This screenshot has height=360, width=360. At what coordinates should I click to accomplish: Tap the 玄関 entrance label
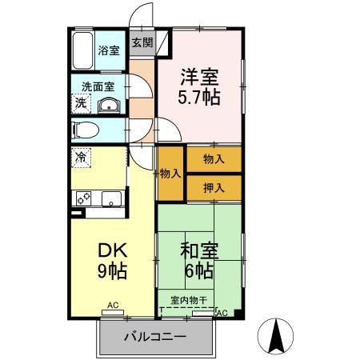[x=142, y=43]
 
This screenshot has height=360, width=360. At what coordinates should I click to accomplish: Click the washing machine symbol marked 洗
[x=82, y=102]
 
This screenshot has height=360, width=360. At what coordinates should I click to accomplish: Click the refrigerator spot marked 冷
[x=82, y=158]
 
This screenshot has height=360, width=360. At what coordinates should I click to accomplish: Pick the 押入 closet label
[x=213, y=187]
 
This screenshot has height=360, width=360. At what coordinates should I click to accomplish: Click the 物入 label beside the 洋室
[x=213, y=159]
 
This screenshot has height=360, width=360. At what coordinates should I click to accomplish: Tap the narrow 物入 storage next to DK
[x=170, y=173]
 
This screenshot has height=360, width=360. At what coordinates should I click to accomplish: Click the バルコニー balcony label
[x=155, y=338]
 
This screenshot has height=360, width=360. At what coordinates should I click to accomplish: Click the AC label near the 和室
[x=222, y=312]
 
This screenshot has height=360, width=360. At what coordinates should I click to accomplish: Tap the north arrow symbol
[x=277, y=336]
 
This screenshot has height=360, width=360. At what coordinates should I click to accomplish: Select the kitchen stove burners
[x=84, y=198]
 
